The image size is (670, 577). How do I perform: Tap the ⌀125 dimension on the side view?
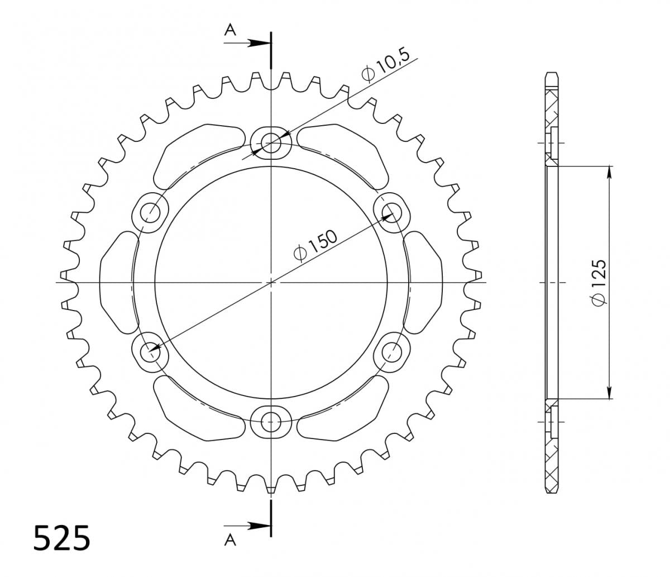click(x=598, y=283)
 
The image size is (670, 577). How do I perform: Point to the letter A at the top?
click(x=229, y=30)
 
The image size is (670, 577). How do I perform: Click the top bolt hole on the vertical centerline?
click(x=271, y=143)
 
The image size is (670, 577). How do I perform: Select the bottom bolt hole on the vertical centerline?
click(x=271, y=422)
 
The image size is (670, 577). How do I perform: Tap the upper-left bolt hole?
click(x=150, y=212)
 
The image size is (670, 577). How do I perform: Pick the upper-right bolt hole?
click(x=393, y=212)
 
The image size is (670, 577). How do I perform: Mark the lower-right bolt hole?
click(x=393, y=352)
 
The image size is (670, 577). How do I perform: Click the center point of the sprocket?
click(x=271, y=282)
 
